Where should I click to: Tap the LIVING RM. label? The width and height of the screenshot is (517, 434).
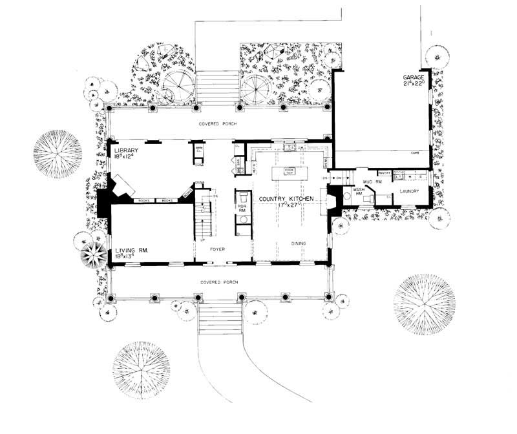click(x=128, y=249)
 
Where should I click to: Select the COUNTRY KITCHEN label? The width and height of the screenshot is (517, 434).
click(x=286, y=198)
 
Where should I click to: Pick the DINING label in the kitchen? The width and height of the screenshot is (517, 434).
click(x=299, y=243)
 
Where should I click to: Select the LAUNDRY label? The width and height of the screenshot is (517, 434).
click(x=410, y=191)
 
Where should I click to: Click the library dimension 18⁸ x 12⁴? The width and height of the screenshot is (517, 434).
click(x=124, y=156)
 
